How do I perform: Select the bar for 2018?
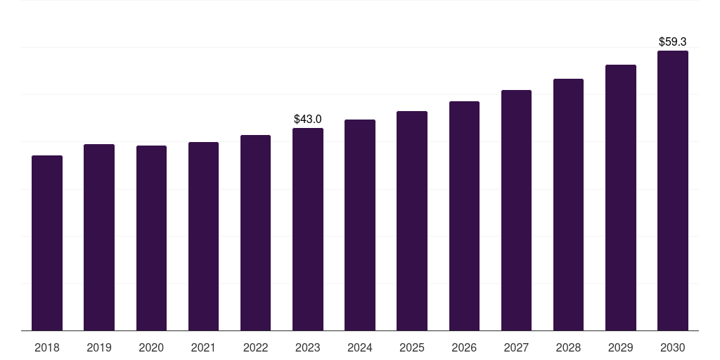pos(47,243)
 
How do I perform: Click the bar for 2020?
pos(151,238)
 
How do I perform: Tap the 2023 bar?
pos(308,229)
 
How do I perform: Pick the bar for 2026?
pos(464,216)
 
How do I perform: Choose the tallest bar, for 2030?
pos(673,191)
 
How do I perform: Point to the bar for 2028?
pos(568,205)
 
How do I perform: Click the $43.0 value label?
pos(308,119)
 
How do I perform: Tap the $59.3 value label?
pos(673,41)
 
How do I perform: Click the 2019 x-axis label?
pos(99,347)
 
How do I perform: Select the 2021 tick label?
pos(203,347)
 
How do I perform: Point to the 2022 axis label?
pos(255,347)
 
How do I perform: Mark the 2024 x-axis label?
pos(360,347)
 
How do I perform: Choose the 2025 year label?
pos(412,347)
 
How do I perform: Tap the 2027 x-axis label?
pos(516,347)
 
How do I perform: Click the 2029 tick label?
pos(621,347)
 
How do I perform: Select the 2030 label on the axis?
pos(673,347)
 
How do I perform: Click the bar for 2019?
pos(99,237)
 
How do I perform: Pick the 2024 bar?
pos(360,225)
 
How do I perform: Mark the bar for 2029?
pos(621,198)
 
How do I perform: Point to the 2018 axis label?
pos(47,347)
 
